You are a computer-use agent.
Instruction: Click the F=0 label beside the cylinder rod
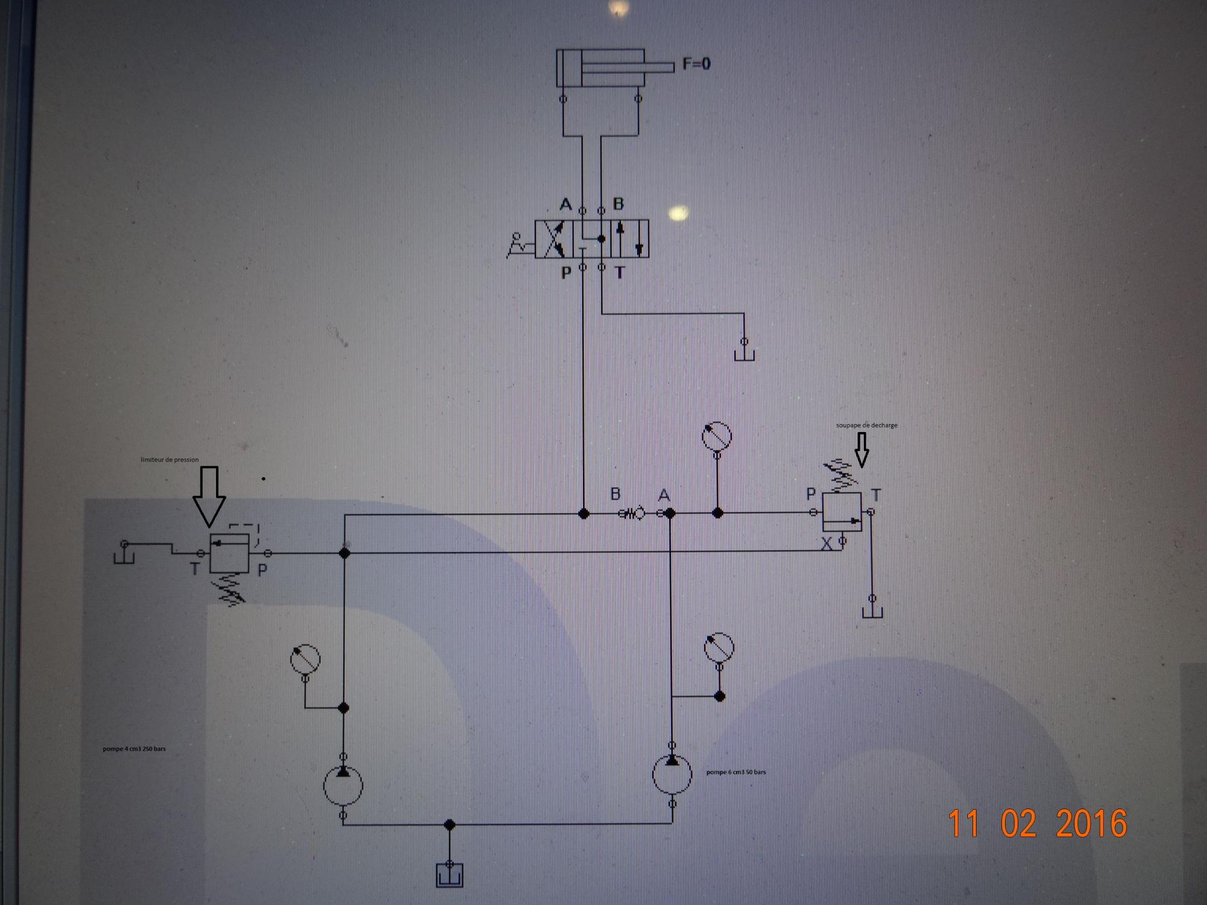[x=696, y=63]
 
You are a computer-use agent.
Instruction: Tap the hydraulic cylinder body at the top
[x=600, y=68]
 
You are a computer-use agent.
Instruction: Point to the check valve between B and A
[x=632, y=513]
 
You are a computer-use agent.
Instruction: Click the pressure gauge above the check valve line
[x=717, y=436]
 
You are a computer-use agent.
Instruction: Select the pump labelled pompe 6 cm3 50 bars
[x=672, y=773]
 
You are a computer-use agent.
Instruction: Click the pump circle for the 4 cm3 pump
[x=343, y=785]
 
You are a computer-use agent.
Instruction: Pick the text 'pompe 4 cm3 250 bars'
[x=134, y=749]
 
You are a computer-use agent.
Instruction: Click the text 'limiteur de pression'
[x=170, y=460]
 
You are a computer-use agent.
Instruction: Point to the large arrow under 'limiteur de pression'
[x=209, y=497]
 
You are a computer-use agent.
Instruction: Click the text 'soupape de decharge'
[x=867, y=425]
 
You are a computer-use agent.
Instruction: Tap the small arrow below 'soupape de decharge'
[x=862, y=449]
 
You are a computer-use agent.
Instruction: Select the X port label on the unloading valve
[x=827, y=544]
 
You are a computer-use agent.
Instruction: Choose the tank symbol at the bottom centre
[x=449, y=874]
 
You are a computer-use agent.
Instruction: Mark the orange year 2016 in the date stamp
[x=1091, y=824]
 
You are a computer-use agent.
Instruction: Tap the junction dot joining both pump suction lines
[x=449, y=824]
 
